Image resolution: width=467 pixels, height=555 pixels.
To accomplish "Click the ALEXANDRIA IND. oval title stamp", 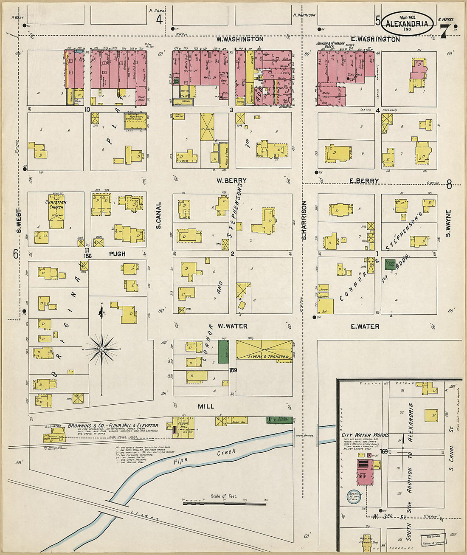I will [x=407, y=23].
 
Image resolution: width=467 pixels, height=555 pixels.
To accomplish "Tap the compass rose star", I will [x=102, y=349].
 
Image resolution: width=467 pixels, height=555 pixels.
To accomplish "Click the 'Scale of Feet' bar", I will [x=224, y=503].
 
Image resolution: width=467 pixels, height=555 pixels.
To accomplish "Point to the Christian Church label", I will [x=56, y=205].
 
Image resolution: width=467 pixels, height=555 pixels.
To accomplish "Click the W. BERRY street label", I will [x=231, y=180].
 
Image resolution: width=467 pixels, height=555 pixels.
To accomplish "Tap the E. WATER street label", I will [x=365, y=327].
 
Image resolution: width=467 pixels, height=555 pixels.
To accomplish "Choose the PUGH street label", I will [x=117, y=254].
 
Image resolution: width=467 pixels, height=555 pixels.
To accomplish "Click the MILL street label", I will [x=206, y=406].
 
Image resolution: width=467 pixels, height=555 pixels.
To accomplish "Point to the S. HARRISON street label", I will [x=304, y=220].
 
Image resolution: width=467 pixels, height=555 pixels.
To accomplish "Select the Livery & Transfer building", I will [x=264, y=350].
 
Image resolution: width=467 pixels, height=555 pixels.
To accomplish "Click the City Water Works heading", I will [x=362, y=435].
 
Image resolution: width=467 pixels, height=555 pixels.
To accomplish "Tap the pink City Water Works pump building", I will [x=365, y=471].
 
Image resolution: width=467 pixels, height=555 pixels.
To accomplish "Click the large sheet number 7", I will [x=444, y=31].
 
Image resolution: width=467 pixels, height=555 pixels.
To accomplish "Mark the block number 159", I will [x=233, y=370].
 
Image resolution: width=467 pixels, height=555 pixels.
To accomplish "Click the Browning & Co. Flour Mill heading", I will [x=113, y=425].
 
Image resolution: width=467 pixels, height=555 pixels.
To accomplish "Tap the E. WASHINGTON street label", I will [x=375, y=39].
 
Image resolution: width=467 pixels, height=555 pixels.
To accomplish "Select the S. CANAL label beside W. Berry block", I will [x=158, y=215].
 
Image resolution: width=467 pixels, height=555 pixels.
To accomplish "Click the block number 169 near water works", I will [x=385, y=451].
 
